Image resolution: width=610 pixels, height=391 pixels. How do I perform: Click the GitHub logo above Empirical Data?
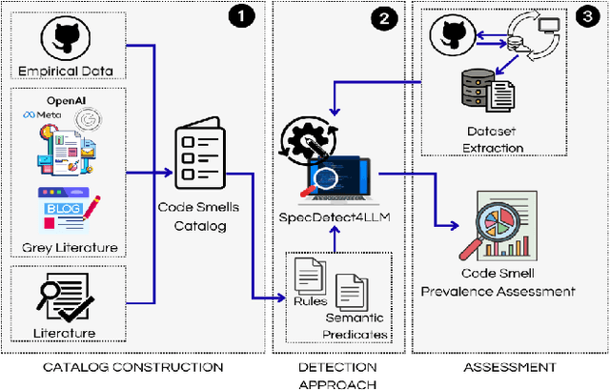coord(70,37)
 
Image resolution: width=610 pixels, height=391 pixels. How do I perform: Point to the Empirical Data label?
coord(68,71)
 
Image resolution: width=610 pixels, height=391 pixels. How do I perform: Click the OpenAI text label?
coord(67,100)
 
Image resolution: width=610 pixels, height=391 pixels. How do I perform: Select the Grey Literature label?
coord(69,248)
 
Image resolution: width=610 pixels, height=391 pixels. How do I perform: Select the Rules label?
coord(305,299)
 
